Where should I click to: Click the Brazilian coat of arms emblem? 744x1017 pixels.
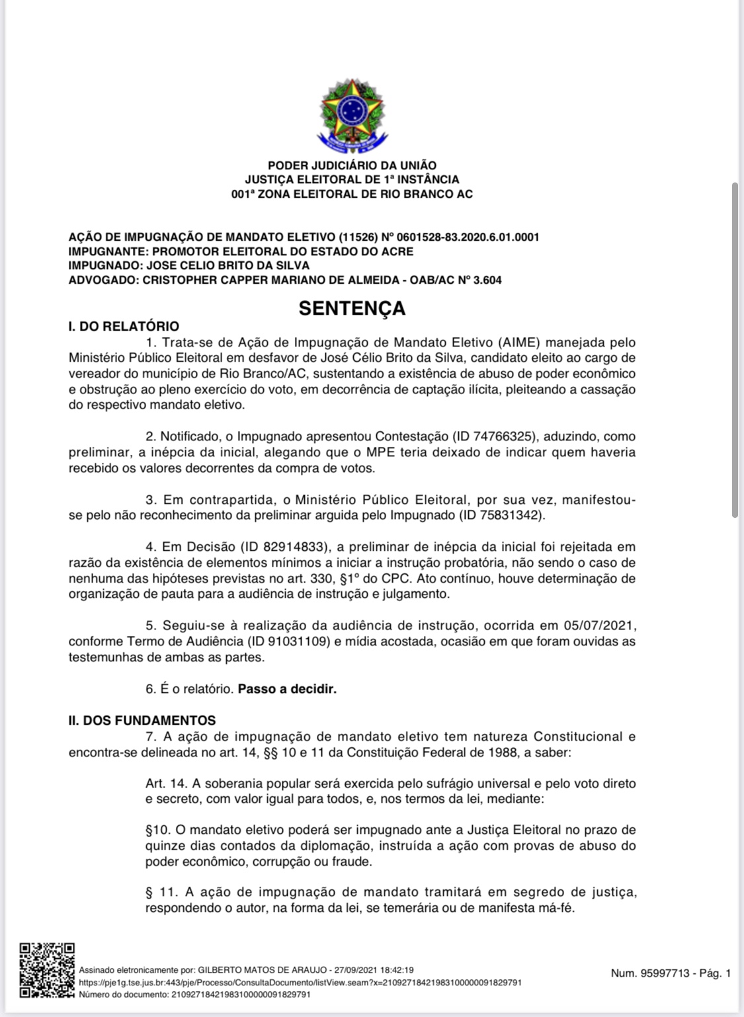click(352, 114)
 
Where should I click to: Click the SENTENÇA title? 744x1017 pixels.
click(352, 308)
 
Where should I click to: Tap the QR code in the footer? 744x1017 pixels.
click(47, 969)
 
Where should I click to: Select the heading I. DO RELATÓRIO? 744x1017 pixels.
click(124, 326)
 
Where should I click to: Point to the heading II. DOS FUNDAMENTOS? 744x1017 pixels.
click(142, 720)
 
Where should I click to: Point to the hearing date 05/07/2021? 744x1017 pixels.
click(600, 626)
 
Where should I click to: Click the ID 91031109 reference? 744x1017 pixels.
click(288, 641)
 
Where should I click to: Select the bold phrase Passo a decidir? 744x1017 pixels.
click(287, 689)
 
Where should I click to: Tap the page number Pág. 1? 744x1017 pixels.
click(715, 973)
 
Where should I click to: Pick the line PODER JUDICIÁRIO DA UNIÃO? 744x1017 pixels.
click(352, 165)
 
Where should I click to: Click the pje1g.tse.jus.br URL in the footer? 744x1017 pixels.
click(300, 983)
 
